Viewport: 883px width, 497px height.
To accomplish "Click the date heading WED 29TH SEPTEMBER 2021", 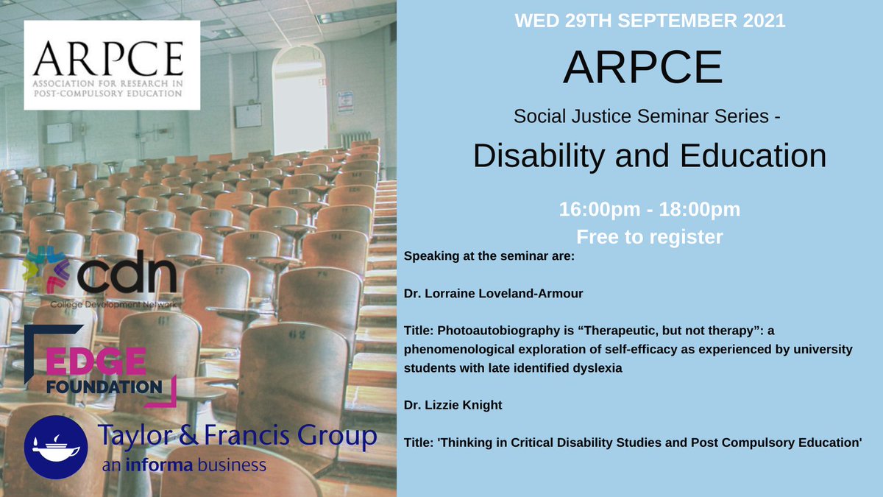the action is pos(650,21).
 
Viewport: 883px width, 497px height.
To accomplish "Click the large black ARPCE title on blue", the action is pos(643,67).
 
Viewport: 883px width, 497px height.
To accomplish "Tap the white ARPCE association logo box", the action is pos(112,65).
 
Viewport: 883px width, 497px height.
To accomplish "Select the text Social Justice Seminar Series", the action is pos(642,116).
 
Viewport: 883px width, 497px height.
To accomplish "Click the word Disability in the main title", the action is pos(539,155).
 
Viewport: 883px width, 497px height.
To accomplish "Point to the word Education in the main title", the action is pos(753,155).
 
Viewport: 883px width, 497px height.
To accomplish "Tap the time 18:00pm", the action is pos(700,209).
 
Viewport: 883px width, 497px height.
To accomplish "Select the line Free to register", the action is pos(650,237).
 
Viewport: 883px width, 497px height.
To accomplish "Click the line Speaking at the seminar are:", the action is pos(489,256).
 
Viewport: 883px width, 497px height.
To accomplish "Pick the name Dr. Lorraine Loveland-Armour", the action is pos(493,294).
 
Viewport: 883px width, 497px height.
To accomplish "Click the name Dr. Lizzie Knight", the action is pos(453,405).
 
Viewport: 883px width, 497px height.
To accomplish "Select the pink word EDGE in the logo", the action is pos(96,362).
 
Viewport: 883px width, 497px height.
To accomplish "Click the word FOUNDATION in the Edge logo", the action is pos(104,387).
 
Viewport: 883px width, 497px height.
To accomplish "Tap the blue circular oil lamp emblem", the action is pos(56,448).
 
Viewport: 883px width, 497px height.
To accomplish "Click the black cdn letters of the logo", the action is pos(127,272).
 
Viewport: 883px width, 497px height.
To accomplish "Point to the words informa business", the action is pos(196,465).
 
